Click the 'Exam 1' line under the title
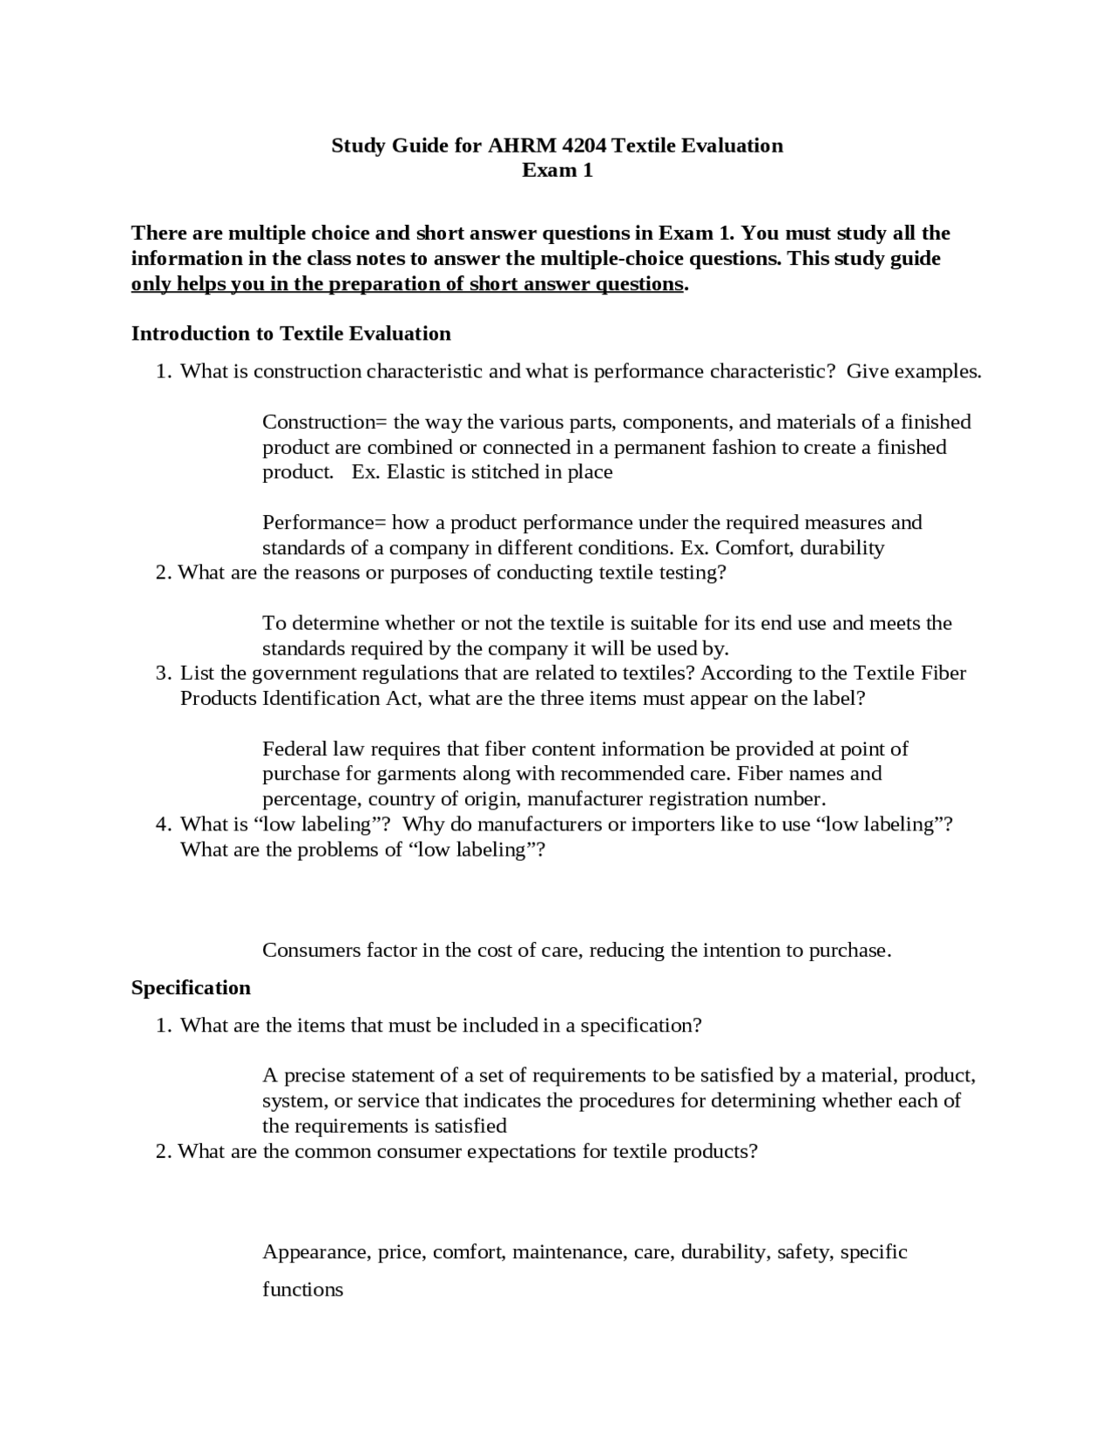[557, 171]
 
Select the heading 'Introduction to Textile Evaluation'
[291, 334]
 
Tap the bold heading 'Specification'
[191, 987]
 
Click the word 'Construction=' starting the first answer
[324, 423]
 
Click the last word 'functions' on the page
[302, 1291]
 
